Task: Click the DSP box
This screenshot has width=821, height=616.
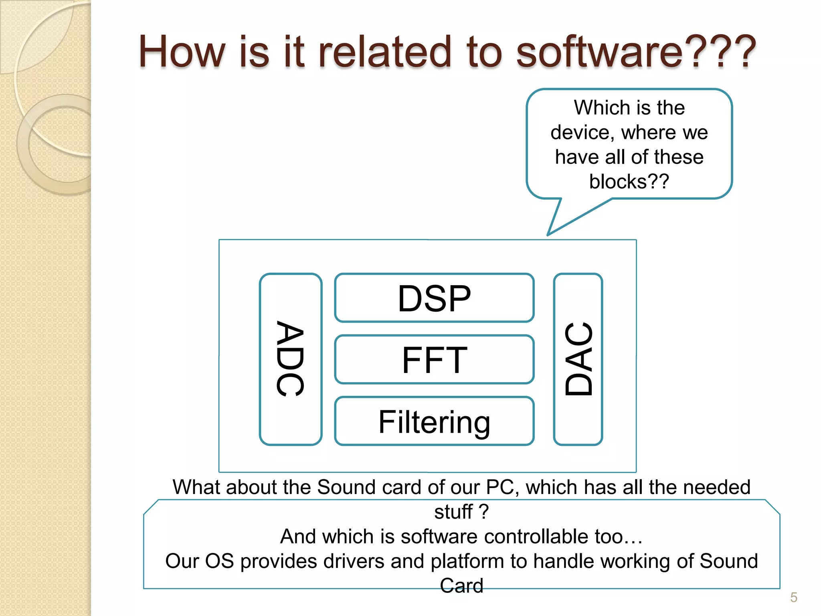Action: tap(434, 298)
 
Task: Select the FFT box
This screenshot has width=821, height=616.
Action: tap(434, 360)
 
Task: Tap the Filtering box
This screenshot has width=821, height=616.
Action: tap(434, 421)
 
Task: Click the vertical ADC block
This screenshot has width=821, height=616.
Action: tap(290, 359)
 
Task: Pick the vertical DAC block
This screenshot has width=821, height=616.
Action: tap(578, 359)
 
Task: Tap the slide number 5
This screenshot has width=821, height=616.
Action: tap(793, 598)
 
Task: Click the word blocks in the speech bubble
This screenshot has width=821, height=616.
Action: tap(618, 182)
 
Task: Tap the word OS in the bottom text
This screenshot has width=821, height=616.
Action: tap(219, 561)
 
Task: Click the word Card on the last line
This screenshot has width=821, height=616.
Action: tap(461, 586)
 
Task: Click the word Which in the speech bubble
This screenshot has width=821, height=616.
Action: tap(596, 108)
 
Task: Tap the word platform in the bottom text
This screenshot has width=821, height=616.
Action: tap(467, 561)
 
